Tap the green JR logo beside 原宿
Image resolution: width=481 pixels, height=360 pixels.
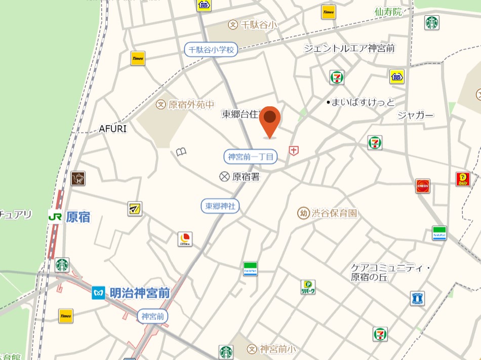55,217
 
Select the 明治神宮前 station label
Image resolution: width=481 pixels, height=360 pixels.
139,293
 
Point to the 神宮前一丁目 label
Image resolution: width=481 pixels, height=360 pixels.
251,157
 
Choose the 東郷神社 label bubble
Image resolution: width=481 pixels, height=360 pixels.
220,206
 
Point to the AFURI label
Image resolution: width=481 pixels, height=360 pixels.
112,129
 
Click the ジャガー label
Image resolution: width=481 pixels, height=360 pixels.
415,115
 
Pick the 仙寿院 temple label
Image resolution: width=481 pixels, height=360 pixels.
388,12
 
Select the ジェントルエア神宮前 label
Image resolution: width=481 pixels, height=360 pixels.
349,49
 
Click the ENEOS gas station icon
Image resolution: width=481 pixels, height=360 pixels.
423,186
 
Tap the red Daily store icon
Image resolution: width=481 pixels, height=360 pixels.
463,179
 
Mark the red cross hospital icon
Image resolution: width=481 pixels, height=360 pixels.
293,150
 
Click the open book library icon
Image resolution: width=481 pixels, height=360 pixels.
182,151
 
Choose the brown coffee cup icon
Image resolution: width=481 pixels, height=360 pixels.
78,178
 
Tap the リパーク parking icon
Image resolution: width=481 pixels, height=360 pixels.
308,287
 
